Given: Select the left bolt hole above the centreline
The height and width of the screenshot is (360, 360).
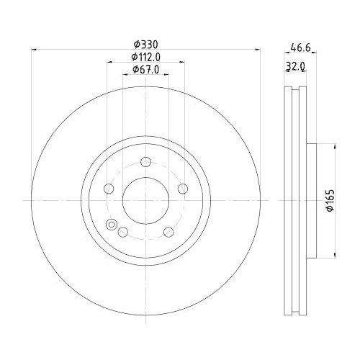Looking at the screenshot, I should pos(109,189).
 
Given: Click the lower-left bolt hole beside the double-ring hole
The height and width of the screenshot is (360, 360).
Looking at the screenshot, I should pos(122,232).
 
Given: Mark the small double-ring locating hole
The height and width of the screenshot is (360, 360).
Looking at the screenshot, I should pos(112,224).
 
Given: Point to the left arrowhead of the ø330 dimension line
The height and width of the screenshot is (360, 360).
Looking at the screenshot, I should pos(34,50).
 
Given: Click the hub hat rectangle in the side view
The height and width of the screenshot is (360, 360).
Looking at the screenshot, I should pos(312,199).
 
